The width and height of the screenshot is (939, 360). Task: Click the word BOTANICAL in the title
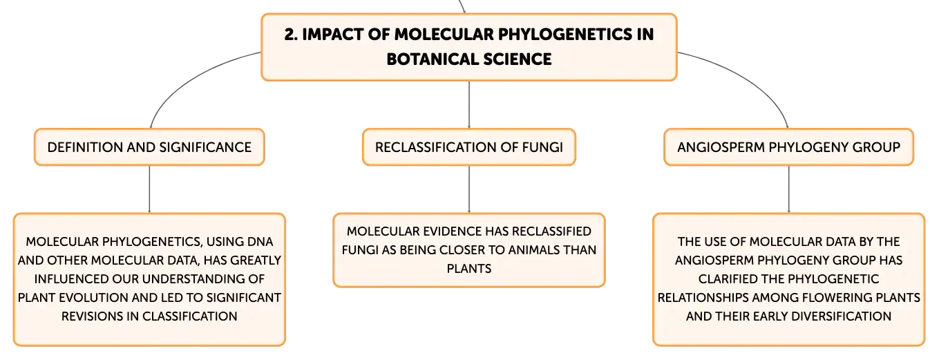(432, 59)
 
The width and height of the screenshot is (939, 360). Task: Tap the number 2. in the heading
(290, 35)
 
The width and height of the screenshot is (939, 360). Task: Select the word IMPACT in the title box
(333, 35)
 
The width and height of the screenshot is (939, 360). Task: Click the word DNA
(260, 241)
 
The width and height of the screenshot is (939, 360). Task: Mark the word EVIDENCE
(451, 231)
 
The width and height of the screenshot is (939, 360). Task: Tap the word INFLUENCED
(71, 278)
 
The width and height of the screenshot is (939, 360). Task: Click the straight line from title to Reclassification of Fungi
(469, 104)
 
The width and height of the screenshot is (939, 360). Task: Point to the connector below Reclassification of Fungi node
(469, 189)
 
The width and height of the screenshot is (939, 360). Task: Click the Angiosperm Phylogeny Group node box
(788, 147)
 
